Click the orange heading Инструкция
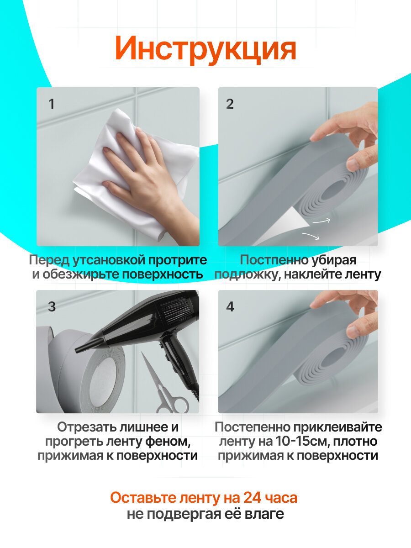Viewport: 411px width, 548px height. coord(205,49)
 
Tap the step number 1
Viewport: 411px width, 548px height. coord(52,104)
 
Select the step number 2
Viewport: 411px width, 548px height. coord(230,104)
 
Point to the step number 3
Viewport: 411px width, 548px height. coord(52,306)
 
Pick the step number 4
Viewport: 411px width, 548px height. coord(230,306)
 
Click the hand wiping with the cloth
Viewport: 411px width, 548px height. coord(147,175)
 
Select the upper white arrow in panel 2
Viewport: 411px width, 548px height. coord(321,221)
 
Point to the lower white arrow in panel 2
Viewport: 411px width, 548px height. coord(311,236)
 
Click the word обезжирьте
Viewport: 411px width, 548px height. coord(79,274)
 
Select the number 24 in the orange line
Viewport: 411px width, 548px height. coord(252,498)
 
